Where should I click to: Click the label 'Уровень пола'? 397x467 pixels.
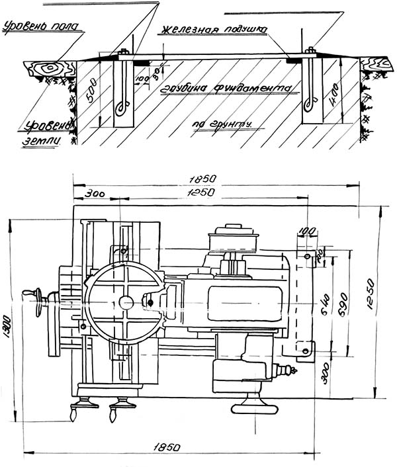[x=41, y=27]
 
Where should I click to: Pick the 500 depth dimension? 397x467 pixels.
[x=93, y=88]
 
